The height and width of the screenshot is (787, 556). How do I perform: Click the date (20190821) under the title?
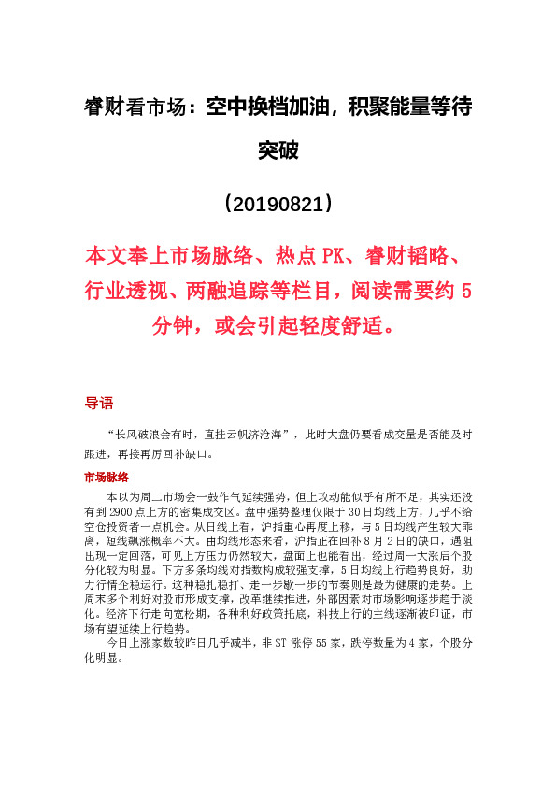click(x=277, y=203)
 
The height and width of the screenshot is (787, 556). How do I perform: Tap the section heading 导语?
click(x=98, y=404)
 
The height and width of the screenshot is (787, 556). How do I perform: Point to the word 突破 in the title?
click(x=278, y=150)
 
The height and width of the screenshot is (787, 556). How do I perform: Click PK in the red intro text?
click(x=333, y=256)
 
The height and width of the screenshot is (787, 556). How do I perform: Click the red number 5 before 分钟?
click(x=466, y=292)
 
